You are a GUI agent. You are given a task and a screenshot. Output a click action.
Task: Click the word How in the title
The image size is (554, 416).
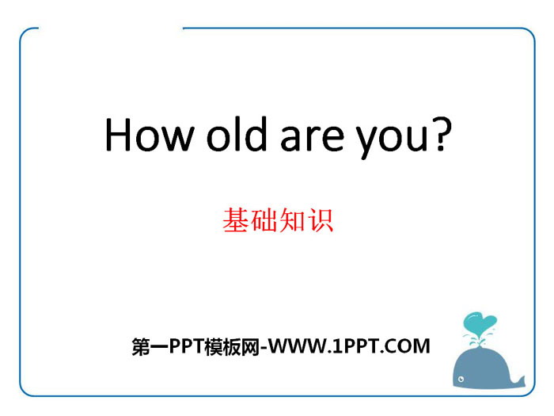click(150, 135)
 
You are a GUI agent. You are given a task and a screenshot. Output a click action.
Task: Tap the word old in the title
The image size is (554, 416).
click(237, 133)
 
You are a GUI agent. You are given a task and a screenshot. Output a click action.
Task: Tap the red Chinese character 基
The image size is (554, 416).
click(236, 220)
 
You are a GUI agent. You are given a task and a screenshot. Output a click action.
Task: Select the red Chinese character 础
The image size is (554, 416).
click(264, 220)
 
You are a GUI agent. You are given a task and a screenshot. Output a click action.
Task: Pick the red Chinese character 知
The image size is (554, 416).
click(292, 220)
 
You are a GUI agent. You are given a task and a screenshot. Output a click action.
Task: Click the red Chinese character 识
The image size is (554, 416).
click(320, 220)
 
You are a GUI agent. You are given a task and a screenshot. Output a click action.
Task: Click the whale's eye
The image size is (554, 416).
click(461, 380)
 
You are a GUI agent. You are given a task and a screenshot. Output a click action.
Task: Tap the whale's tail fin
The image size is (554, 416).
click(518, 380)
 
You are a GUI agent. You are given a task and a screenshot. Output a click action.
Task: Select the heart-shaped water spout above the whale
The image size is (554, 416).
click(479, 322)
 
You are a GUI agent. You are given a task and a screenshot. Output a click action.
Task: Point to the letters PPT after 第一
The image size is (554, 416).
click(187, 346)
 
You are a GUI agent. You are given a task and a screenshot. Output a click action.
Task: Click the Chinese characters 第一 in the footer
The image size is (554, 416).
click(150, 347)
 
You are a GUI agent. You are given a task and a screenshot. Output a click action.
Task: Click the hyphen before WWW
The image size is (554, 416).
click(264, 348)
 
